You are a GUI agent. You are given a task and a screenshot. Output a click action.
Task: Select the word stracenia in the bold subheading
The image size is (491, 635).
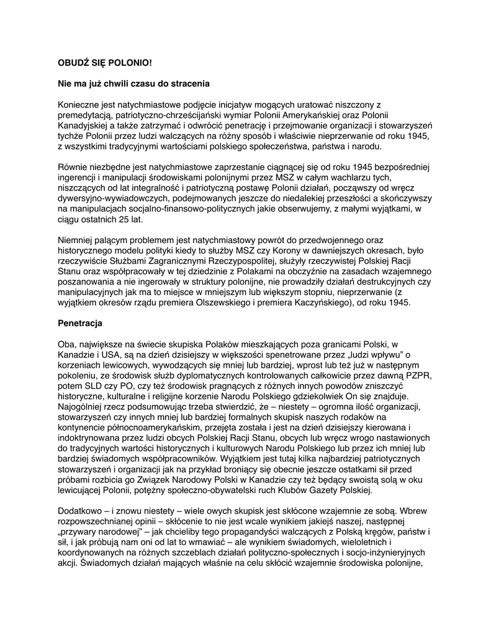[190, 83]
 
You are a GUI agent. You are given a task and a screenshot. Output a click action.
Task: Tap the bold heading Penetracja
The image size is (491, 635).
[80, 323]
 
